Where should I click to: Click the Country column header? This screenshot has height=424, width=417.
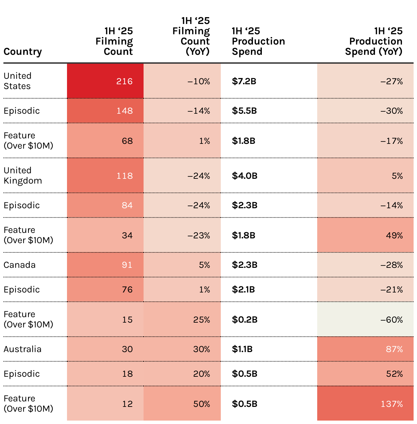click(23, 52)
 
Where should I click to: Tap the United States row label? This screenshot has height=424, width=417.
click(17, 81)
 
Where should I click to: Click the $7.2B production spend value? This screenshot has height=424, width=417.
click(244, 81)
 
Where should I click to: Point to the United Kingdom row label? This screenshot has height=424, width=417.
click(23, 176)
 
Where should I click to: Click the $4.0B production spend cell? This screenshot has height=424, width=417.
click(245, 176)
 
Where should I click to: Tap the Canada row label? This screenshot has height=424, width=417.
click(19, 265)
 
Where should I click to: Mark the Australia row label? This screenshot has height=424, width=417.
click(23, 349)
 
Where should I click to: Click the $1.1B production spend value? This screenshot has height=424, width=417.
click(242, 349)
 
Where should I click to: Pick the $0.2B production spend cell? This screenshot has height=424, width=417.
click(245, 320)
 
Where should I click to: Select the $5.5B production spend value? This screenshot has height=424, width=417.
click(244, 111)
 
